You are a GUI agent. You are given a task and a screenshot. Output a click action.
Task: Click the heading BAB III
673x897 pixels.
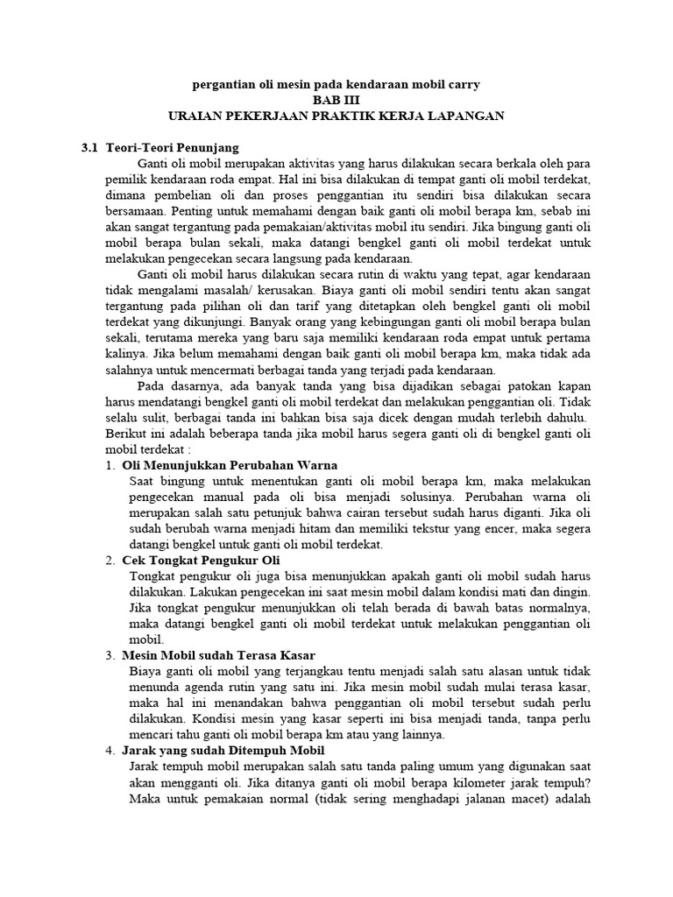[x=336, y=100]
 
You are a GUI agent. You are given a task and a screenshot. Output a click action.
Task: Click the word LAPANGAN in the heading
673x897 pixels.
[x=467, y=116]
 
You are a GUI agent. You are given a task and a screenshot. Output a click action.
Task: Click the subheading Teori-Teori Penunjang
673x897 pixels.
[x=173, y=147]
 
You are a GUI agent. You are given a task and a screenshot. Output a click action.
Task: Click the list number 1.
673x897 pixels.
[x=110, y=464]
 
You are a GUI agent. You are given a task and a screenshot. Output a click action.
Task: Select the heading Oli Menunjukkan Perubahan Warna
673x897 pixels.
[x=230, y=464]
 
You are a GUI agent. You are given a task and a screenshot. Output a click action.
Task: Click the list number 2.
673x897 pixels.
[x=110, y=560]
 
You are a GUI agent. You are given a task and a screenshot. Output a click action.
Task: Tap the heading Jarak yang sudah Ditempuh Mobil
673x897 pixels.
[x=223, y=750]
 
